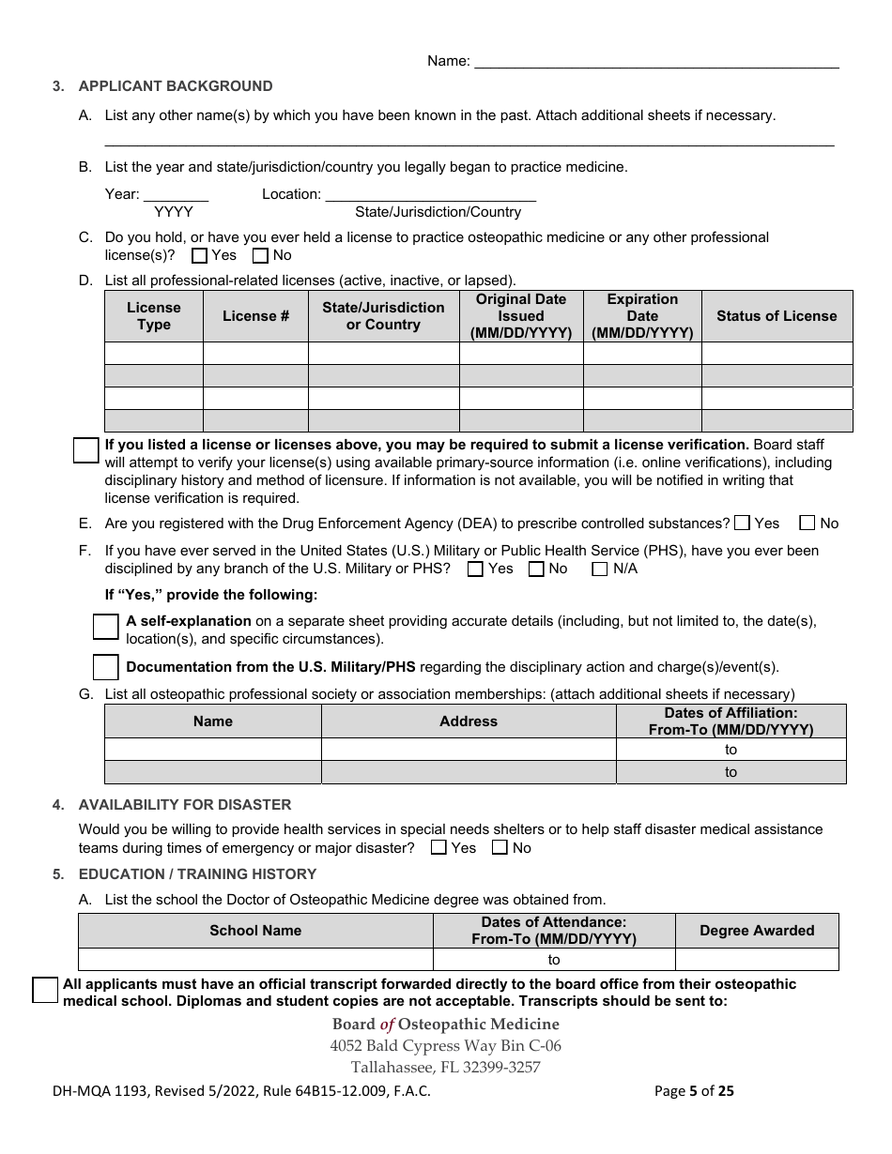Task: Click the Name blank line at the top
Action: (x=656, y=62)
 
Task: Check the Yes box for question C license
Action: (x=199, y=255)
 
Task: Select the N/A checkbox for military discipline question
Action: (x=600, y=569)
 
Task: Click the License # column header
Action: (x=255, y=316)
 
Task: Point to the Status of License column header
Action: (x=777, y=316)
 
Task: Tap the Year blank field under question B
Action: (x=176, y=194)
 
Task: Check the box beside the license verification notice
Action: (x=86, y=450)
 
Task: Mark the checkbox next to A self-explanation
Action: (x=106, y=627)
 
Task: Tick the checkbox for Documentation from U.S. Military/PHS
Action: (x=106, y=667)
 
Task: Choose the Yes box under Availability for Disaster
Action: (x=438, y=848)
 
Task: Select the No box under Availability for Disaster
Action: (x=500, y=848)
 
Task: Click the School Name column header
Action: (x=255, y=931)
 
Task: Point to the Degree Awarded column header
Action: (x=757, y=931)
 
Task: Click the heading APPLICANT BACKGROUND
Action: (x=176, y=86)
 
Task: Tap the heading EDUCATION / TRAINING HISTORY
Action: (x=197, y=874)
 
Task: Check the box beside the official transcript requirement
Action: (x=45, y=990)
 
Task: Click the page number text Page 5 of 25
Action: (x=694, y=1091)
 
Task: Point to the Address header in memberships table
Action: (x=469, y=721)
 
